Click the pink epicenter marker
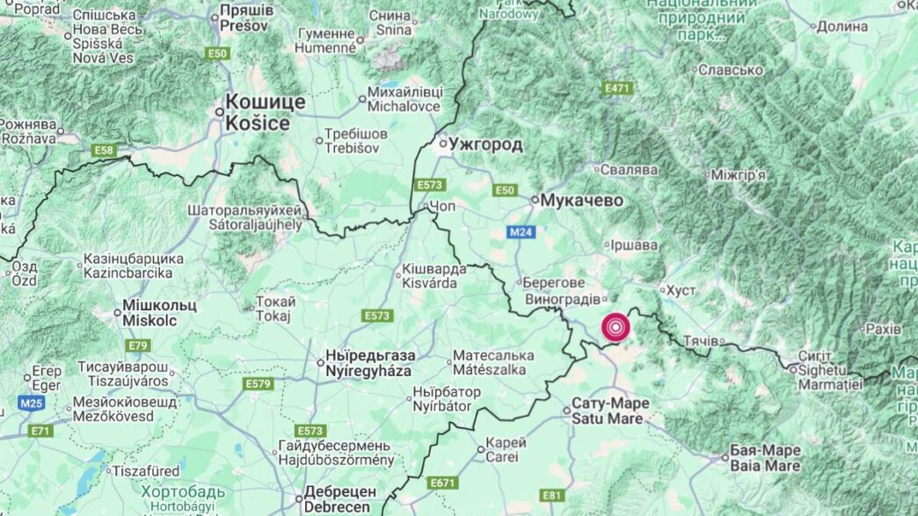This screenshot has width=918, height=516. pos(616,328)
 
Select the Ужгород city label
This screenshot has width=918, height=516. pos(485,143)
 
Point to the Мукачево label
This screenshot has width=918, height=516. pos(581,200)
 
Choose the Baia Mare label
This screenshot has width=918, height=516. pos(765,457)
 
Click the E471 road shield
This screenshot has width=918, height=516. pos(618,89)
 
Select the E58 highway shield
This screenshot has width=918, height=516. pos(104,151)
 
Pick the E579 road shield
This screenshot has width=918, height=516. pos(259,384)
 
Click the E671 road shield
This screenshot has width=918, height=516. pos(444,483)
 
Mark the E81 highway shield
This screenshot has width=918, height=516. pos(551,496)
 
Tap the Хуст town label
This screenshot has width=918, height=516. pos(681,289)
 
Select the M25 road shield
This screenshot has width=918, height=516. pos(31,403)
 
